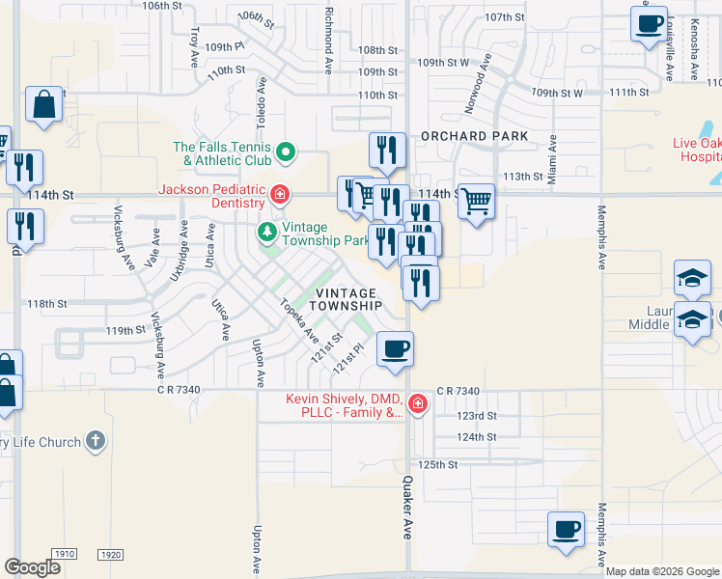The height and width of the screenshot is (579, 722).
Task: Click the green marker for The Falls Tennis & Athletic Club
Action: [x=286, y=152]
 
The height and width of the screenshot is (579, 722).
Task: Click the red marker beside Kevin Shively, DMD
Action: [x=417, y=404]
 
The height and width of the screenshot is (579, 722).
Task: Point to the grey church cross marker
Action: [x=94, y=442]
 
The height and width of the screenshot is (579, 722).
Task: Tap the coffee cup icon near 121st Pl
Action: [x=394, y=349]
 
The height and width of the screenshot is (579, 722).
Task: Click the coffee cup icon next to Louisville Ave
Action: [x=649, y=23]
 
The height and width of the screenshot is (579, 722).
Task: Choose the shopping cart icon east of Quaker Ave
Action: [x=476, y=203]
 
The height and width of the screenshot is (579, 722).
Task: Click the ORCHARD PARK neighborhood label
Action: [x=474, y=136]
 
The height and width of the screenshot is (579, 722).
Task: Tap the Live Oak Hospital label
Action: [x=696, y=150]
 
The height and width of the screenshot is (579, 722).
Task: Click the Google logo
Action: [x=33, y=566]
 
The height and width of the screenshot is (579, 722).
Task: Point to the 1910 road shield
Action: [x=65, y=555]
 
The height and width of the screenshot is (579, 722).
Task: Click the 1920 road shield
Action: [x=111, y=555]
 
